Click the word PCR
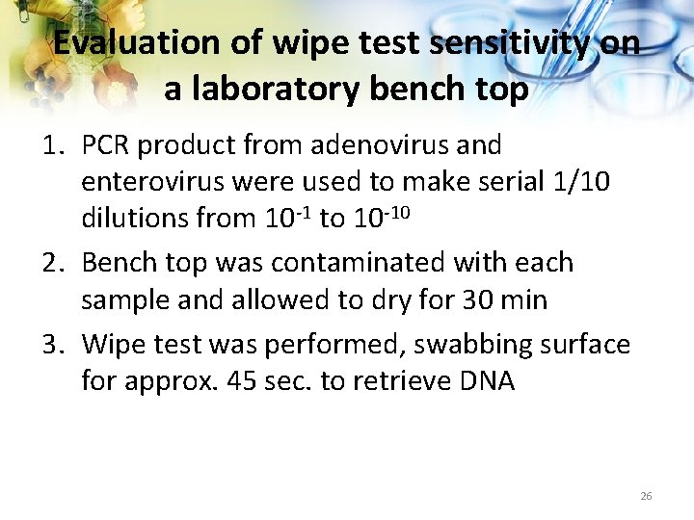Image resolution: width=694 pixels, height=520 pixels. [106, 145]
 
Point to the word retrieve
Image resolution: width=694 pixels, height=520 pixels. [397, 380]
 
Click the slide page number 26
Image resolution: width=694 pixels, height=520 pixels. [646, 496]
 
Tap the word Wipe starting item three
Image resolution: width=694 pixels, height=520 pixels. [113, 344]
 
